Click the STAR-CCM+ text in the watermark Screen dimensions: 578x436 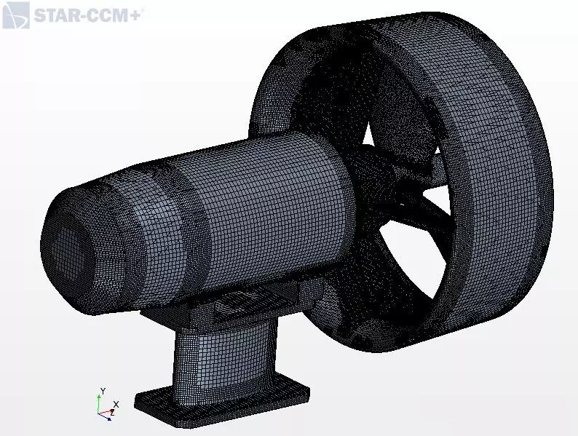pos(87,16)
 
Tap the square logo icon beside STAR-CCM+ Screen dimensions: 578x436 pos(16,15)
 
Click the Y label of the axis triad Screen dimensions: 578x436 pos(103,391)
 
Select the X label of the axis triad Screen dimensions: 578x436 pos(116,404)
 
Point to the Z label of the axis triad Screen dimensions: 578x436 pos(112,413)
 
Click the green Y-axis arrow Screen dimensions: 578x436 pos(99,403)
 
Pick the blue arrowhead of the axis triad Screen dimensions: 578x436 pos(108,419)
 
